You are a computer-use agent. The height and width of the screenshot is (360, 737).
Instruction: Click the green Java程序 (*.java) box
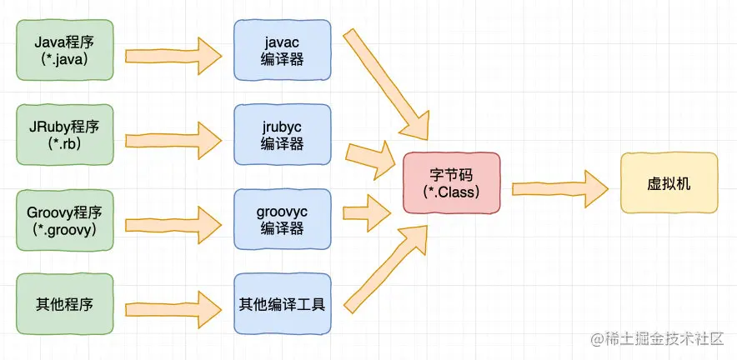tap(65, 50)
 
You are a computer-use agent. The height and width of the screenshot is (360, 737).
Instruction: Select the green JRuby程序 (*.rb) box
tap(65, 134)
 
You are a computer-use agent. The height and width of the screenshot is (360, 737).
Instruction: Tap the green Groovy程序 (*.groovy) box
tap(65, 219)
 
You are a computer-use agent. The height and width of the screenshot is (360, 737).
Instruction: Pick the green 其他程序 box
tap(65, 304)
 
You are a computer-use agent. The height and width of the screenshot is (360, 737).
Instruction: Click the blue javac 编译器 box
tap(283, 50)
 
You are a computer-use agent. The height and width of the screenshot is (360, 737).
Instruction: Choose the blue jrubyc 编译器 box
tap(283, 134)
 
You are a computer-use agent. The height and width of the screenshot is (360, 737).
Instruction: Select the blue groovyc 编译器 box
tap(283, 219)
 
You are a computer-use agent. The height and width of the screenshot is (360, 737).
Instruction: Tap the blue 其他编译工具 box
tap(283, 304)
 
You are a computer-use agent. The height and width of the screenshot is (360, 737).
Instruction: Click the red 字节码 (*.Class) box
tap(452, 182)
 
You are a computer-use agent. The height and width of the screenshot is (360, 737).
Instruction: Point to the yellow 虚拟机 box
tap(669, 182)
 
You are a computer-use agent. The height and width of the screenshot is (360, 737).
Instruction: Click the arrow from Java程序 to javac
tap(173, 56)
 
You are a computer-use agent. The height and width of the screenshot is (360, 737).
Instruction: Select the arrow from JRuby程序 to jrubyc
tap(173, 141)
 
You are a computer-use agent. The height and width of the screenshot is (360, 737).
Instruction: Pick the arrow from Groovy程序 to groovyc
tap(173, 225)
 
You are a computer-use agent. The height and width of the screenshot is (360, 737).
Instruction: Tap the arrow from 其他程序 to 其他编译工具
tap(173, 310)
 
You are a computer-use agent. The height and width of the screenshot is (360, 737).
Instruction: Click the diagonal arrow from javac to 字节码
tap(385, 85)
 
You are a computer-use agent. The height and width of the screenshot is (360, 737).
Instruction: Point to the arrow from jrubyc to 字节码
tap(370, 159)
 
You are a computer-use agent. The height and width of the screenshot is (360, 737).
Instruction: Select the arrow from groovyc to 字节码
tap(367, 212)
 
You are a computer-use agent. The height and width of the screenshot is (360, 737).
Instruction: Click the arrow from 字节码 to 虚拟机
tap(559, 189)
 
